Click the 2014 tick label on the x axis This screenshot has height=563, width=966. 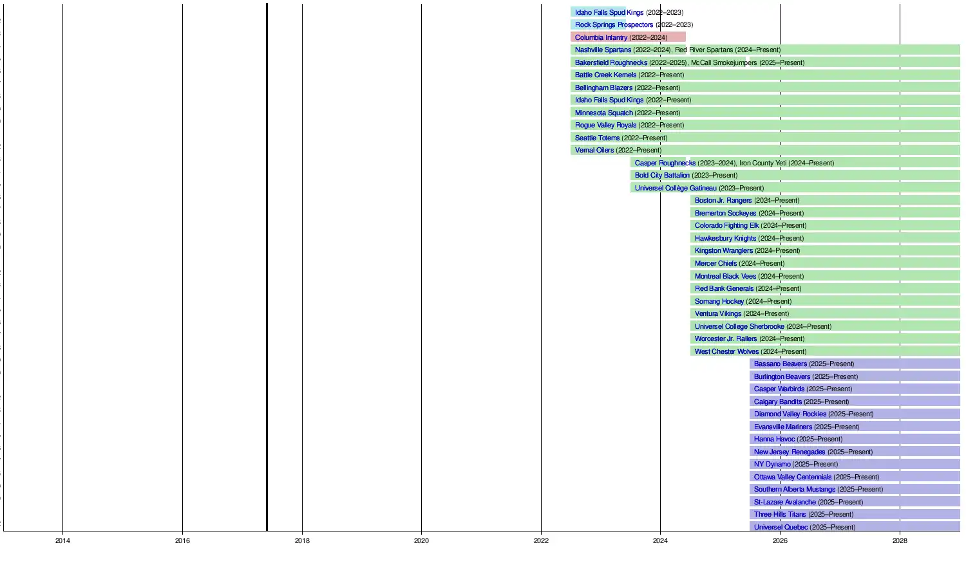(x=62, y=541)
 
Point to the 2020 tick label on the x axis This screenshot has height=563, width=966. (x=421, y=541)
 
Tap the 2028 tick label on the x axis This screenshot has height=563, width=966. (x=900, y=541)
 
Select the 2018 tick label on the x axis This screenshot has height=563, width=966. (x=302, y=541)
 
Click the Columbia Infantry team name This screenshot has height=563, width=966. (x=601, y=37)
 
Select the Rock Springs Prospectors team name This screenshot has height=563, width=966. (x=614, y=25)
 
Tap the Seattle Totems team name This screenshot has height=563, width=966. (x=597, y=138)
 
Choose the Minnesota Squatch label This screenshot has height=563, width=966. (x=603, y=113)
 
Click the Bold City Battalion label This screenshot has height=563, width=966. (x=662, y=175)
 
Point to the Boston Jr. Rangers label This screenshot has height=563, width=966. (x=723, y=200)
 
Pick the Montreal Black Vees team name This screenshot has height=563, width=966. (x=725, y=276)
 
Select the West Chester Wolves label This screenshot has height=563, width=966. (x=726, y=351)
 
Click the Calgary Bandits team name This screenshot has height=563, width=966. (x=778, y=401)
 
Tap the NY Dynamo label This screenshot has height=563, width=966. (x=772, y=464)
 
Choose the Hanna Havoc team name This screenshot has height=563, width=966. (x=774, y=439)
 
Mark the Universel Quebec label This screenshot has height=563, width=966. (x=781, y=527)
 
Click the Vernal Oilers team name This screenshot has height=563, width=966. (x=594, y=150)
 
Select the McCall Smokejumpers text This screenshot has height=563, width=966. (x=724, y=62)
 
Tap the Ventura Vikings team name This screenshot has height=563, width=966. (x=717, y=313)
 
